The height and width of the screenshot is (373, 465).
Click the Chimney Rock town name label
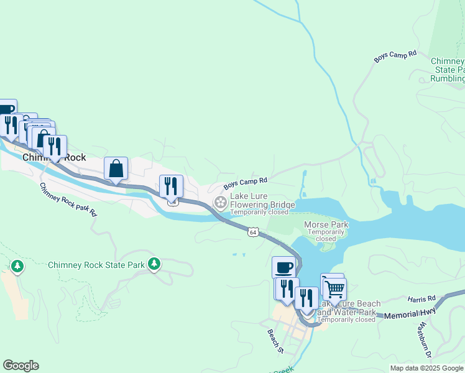pos(54,158)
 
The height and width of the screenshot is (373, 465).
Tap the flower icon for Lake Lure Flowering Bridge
pos(220,203)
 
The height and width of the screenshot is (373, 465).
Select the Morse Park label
pos(326,224)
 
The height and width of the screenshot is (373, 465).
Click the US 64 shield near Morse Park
pos(252,232)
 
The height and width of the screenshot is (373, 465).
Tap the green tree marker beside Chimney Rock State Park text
pos(154,265)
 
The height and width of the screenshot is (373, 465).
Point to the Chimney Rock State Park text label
pos(96,265)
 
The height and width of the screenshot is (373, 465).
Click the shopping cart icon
pos(334,288)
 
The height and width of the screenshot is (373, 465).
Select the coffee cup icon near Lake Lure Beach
pos(283,268)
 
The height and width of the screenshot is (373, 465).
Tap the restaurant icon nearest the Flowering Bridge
pos(170,185)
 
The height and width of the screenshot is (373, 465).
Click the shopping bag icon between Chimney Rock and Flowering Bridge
pos(116,168)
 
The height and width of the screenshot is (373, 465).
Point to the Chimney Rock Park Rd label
pos(68,200)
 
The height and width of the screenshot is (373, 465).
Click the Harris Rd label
pos(422,299)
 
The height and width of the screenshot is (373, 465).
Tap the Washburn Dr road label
pos(425,340)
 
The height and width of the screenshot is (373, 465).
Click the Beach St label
pos(275,341)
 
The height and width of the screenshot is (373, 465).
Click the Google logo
pos(21,366)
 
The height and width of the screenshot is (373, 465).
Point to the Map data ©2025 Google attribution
pos(426,368)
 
